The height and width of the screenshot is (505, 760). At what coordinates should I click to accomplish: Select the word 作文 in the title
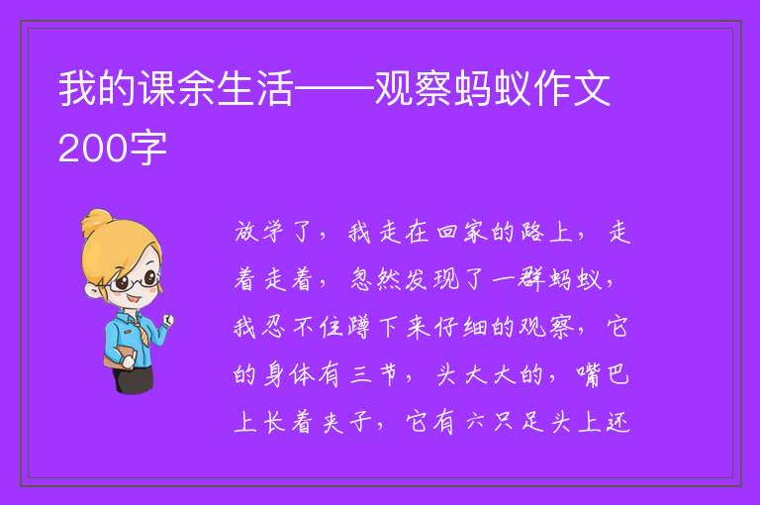click(571, 89)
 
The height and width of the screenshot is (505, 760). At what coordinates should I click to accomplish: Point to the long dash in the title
click(334, 89)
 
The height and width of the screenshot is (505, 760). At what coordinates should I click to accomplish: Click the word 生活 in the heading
click(255, 89)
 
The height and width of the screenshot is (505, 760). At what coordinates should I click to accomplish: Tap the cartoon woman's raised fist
click(167, 320)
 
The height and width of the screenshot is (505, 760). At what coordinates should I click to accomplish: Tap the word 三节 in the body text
click(375, 374)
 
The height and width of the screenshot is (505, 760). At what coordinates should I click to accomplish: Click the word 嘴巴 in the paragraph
click(603, 374)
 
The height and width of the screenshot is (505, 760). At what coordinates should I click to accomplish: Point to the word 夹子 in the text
click(348, 422)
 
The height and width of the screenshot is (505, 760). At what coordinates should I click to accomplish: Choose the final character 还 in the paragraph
click(617, 422)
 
